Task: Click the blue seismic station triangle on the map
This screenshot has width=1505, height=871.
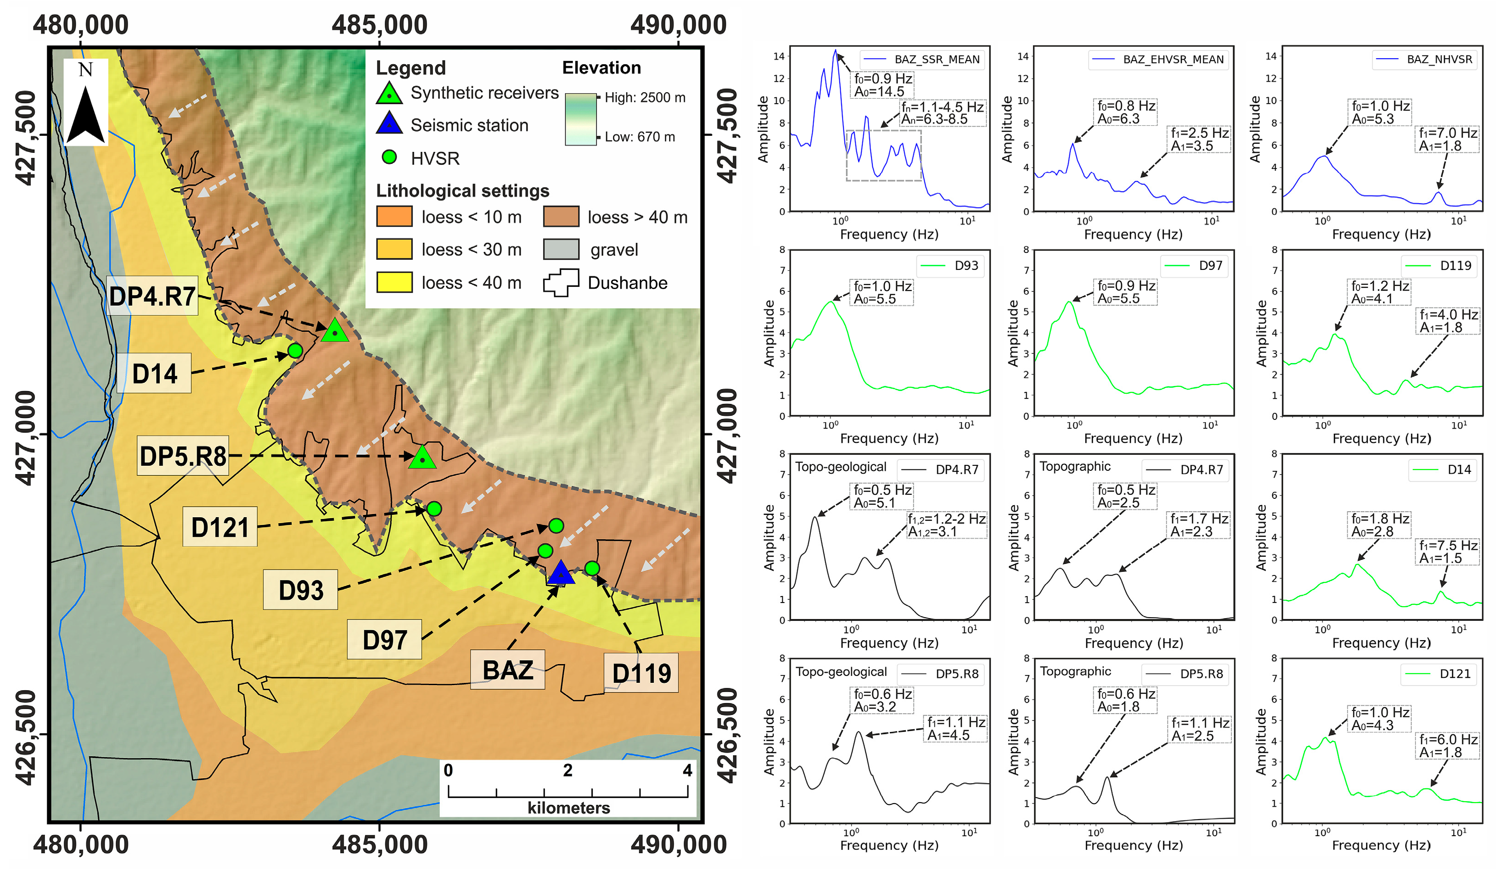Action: click(x=560, y=574)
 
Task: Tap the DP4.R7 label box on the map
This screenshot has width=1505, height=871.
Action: click(x=152, y=296)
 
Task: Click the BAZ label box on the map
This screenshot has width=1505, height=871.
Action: click(x=508, y=670)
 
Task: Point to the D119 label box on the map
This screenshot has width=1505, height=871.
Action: click(x=641, y=673)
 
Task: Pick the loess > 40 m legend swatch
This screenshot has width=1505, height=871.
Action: click(x=561, y=217)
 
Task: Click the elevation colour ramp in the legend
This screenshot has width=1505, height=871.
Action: click(x=580, y=119)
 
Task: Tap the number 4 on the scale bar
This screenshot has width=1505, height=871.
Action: click(x=687, y=770)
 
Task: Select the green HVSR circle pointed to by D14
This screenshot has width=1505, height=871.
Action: click(x=295, y=351)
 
